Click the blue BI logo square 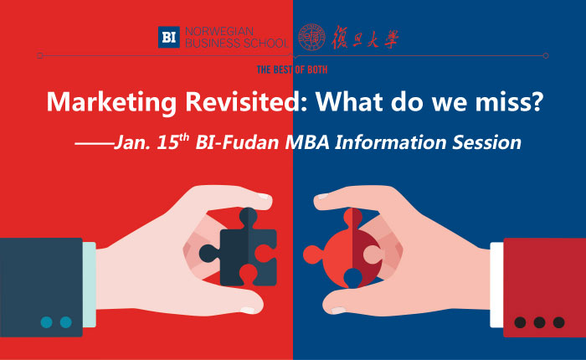pos(168,37)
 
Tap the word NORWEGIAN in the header pos(219,32)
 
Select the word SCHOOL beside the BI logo pos(265,43)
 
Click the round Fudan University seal pos(311,37)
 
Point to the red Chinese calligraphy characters pos(365,38)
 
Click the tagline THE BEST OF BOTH pos(292,69)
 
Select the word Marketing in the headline pos(111,102)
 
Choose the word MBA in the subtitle pos(307,142)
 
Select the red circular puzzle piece pos(343,249)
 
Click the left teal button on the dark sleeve pos(46,321)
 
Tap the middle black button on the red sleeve pos(539,322)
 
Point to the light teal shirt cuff pos(90,285)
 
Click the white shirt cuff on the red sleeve pos(496,285)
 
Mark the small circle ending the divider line pos(546,56)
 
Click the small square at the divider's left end pos(40,56)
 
